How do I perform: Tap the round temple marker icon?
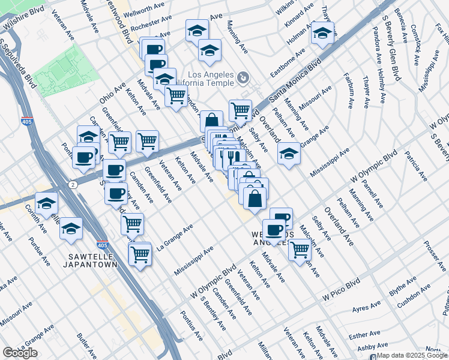[x=243, y=77]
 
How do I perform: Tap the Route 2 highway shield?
[x=72, y=184]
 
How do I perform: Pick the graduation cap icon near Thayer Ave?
[x=322, y=33]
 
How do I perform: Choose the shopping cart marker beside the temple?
[x=240, y=110]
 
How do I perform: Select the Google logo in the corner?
[x=20, y=353]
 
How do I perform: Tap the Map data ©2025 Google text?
[x=412, y=355]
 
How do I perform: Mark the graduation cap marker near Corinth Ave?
[x=46, y=204]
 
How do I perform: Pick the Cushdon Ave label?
[x=414, y=295]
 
